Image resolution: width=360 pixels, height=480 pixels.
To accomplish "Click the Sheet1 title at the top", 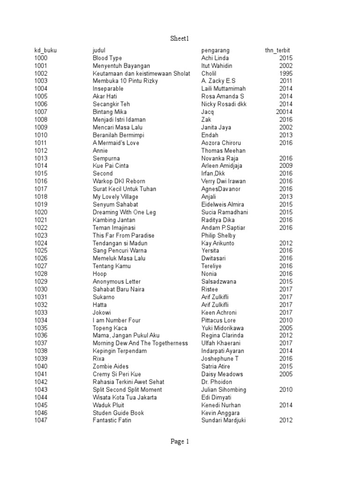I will coord(180,38).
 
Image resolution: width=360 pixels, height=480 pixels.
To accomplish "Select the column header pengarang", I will coord(216,50).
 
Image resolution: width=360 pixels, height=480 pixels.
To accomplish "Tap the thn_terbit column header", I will coord(280,50).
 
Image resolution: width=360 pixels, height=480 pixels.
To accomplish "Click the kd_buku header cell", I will coord(45,50).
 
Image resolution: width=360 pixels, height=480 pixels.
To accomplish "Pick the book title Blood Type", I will coord(107,58).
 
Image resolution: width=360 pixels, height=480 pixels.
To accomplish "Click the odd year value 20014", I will coord(284,112).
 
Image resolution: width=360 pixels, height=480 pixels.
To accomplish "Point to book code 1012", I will coord(41,150).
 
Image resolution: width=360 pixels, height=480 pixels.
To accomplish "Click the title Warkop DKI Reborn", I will coord(119,181).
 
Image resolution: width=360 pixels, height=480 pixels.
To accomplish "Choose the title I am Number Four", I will coord(117,320).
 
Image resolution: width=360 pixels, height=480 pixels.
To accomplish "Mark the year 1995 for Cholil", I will coord(286,74).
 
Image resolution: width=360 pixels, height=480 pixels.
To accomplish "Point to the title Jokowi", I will coord(102,313).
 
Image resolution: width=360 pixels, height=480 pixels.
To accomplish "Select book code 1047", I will coord(41,420).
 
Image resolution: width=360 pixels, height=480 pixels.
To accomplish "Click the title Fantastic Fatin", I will coord(112,420).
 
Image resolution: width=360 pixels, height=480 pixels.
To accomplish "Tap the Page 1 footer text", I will coord(180,441).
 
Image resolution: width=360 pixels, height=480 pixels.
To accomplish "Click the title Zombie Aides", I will coord(111,367).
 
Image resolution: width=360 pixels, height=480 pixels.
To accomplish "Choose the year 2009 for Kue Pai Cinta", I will coord(286,166).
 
